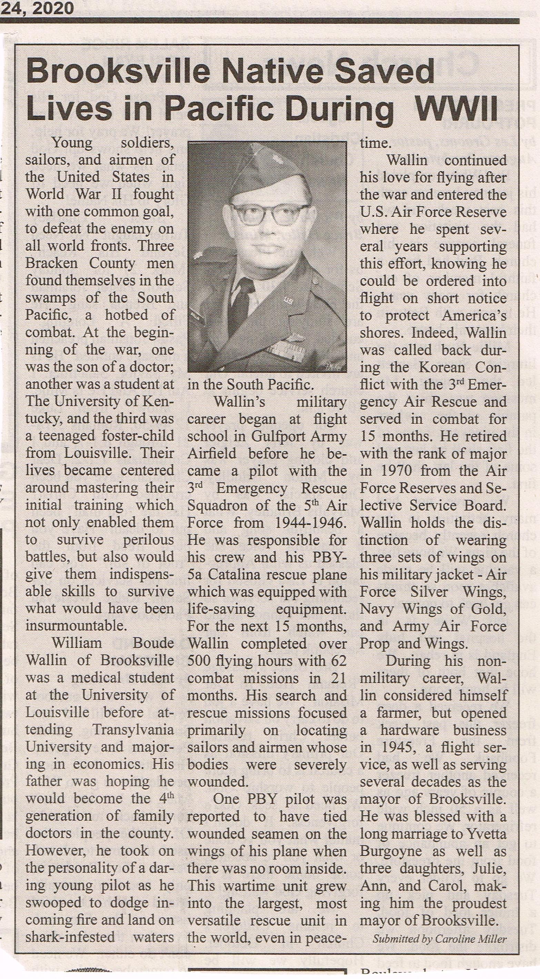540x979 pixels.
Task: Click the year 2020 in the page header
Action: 53,8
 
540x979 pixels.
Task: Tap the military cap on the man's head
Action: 272,167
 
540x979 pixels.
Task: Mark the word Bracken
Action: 51,263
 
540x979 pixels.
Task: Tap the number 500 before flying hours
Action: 198,661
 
